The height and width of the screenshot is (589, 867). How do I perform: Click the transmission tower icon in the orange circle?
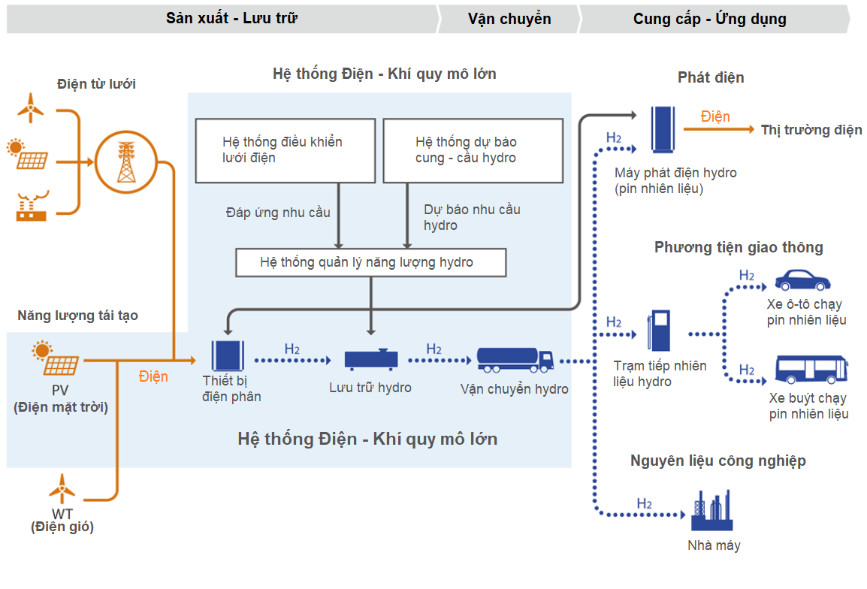[x=125, y=162]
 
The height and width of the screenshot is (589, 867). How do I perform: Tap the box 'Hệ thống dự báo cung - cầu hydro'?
[x=473, y=150]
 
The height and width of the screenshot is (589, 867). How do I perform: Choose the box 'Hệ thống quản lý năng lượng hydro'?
[x=370, y=262]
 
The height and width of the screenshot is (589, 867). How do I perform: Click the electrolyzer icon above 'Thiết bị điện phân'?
[x=228, y=355]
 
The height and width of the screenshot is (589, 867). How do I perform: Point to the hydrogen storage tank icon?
[x=370, y=359]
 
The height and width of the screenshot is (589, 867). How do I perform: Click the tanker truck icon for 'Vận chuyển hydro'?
[x=515, y=359]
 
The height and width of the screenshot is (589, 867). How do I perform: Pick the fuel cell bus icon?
[x=811, y=370]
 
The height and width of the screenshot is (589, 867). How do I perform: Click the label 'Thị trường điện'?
[x=811, y=130]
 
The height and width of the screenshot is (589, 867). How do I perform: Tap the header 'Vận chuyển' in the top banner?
[x=509, y=19]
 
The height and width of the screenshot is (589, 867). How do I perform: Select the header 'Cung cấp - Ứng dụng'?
[x=709, y=19]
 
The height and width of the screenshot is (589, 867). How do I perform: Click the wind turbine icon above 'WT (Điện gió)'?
[x=62, y=488]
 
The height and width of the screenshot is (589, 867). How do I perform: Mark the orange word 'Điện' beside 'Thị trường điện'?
[x=714, y=116]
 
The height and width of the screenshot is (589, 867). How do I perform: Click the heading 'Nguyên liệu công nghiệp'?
[x=717, y=461]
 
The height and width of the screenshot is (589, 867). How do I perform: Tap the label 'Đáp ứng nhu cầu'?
[x=278, y=213]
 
